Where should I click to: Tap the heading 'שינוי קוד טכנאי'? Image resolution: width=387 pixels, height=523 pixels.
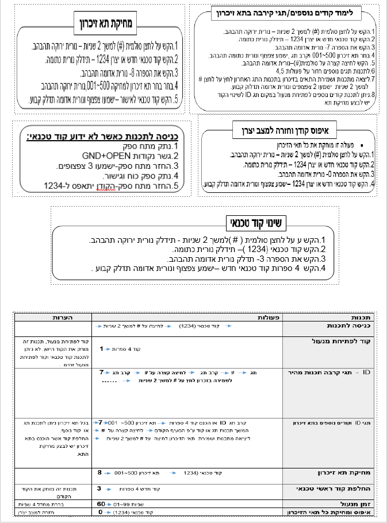(x=255, y=222)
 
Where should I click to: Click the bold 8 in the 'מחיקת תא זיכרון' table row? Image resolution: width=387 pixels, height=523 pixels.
(x=99, y=472)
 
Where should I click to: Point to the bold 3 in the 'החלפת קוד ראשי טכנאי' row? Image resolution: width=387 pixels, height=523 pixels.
(x=99, y=488)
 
